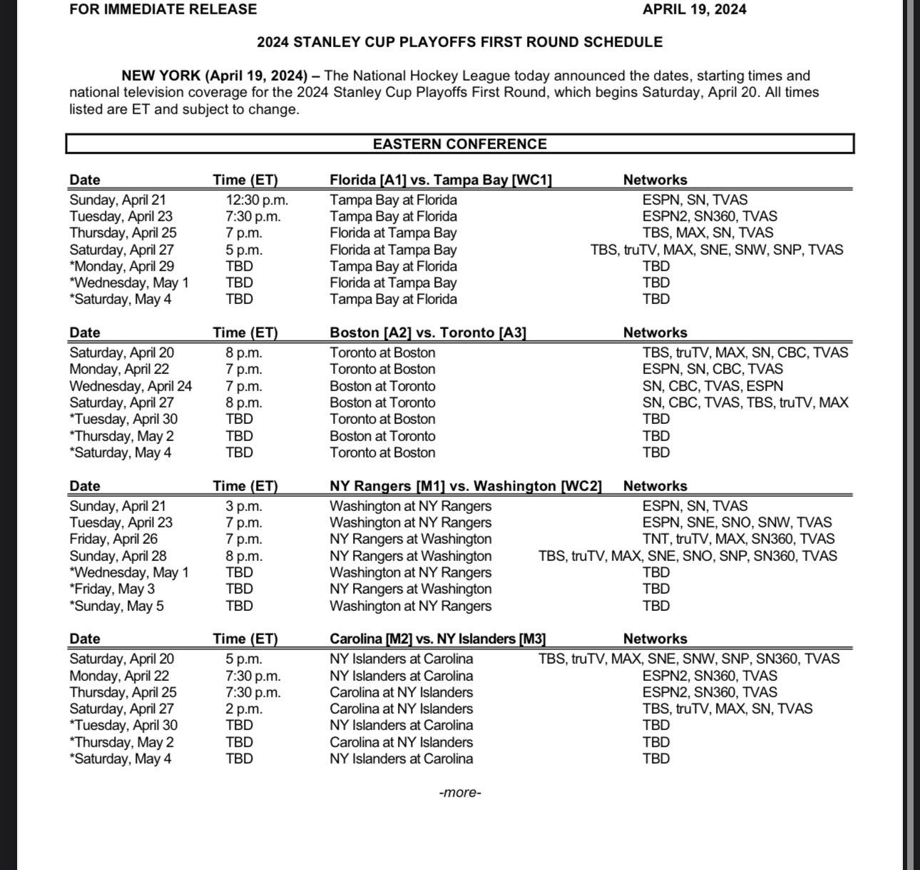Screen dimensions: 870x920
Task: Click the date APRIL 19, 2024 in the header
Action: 694,9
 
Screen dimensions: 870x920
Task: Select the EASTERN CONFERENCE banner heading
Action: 459,143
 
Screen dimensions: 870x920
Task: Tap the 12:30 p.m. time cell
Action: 257,200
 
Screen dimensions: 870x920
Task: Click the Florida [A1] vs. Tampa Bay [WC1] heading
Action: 441,180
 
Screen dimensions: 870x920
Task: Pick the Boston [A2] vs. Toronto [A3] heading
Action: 428,333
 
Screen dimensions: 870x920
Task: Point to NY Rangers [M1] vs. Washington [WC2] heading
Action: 465,486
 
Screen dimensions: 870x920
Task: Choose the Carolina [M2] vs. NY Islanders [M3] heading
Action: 437,639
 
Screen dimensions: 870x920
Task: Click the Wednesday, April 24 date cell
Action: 131,386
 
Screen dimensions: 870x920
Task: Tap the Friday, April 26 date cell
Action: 113,539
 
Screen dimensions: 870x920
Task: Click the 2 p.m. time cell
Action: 244,709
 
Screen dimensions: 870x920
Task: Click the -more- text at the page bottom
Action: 460,792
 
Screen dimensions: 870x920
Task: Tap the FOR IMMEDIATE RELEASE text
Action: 163,9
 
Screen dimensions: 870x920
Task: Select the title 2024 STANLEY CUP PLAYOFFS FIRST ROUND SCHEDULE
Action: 459,42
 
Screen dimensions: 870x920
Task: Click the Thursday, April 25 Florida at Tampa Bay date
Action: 123,233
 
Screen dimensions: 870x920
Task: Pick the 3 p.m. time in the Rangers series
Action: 244,506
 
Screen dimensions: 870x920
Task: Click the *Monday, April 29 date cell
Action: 121,266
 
